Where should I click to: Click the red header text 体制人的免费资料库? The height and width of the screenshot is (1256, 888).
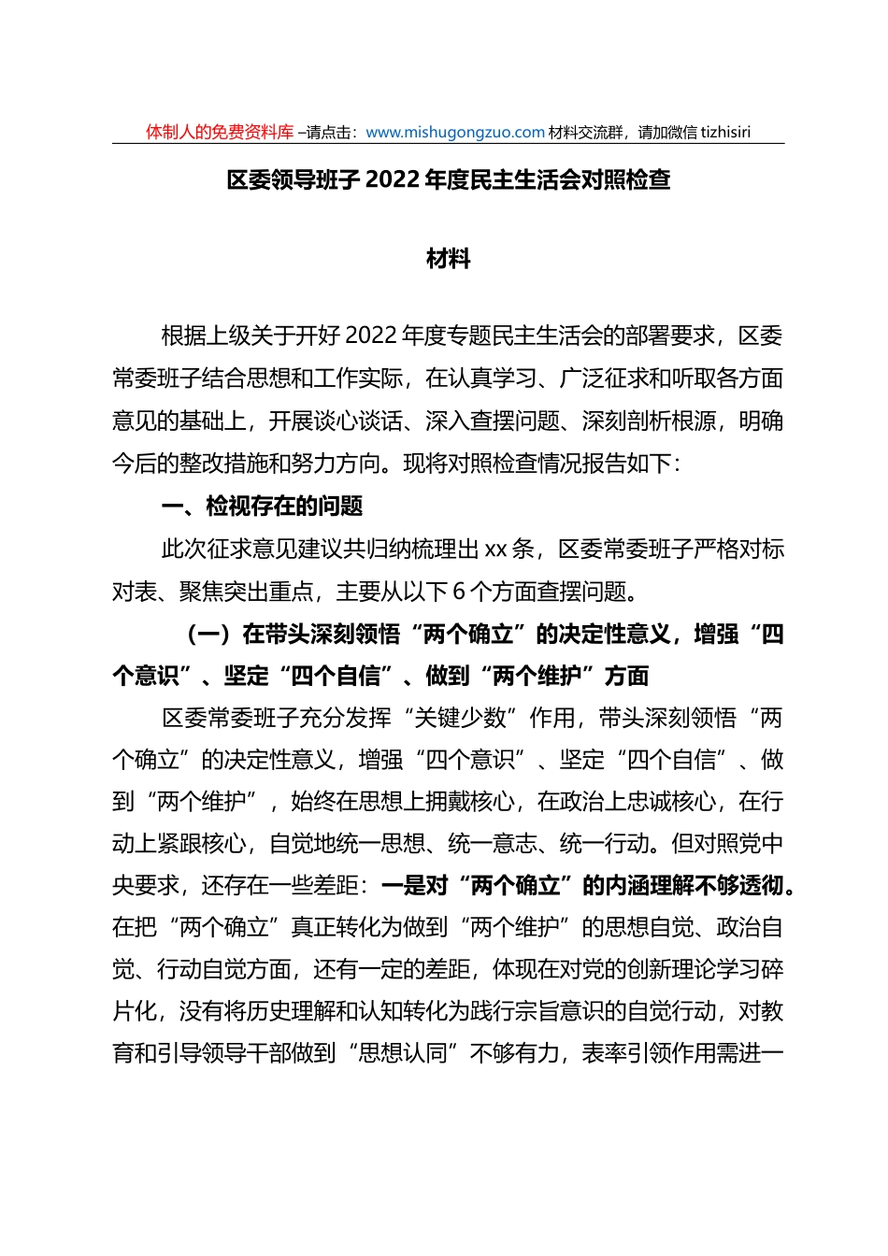220,133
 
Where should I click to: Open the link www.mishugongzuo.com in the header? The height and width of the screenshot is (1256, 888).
455,133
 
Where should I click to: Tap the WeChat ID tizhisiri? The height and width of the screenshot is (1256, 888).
721,133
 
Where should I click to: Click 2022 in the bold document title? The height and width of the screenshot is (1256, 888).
394,179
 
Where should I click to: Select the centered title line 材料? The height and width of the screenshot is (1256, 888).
449,259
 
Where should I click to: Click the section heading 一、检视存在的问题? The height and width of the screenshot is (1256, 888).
262,507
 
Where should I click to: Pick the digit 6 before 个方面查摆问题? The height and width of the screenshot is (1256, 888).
459,592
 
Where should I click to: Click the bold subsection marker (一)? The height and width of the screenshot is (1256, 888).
208,635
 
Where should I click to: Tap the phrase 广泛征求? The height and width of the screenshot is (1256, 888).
604,378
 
